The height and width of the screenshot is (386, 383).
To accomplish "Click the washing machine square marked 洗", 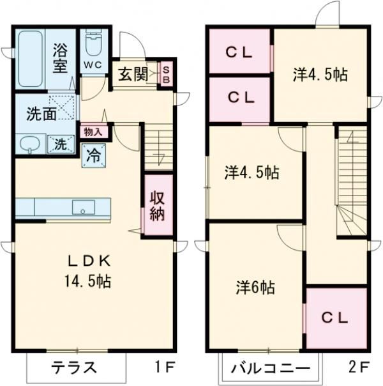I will (x=59, y=144).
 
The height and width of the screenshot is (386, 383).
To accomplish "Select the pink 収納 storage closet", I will (x=158, y=205).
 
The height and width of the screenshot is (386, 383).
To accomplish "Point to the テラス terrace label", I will (x=74, y=367).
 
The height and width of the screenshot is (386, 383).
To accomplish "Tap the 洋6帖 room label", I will (x=253, y=287).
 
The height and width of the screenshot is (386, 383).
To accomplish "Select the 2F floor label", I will (x=359, y=367).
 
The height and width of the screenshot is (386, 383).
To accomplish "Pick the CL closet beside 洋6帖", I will (x=335, y=318).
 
